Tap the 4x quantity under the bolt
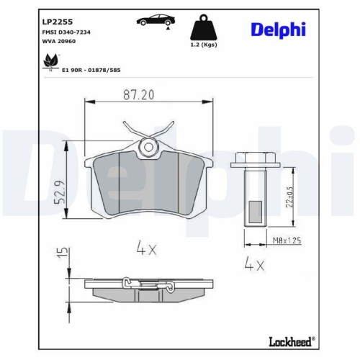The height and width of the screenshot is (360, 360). [x=253, y=264]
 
